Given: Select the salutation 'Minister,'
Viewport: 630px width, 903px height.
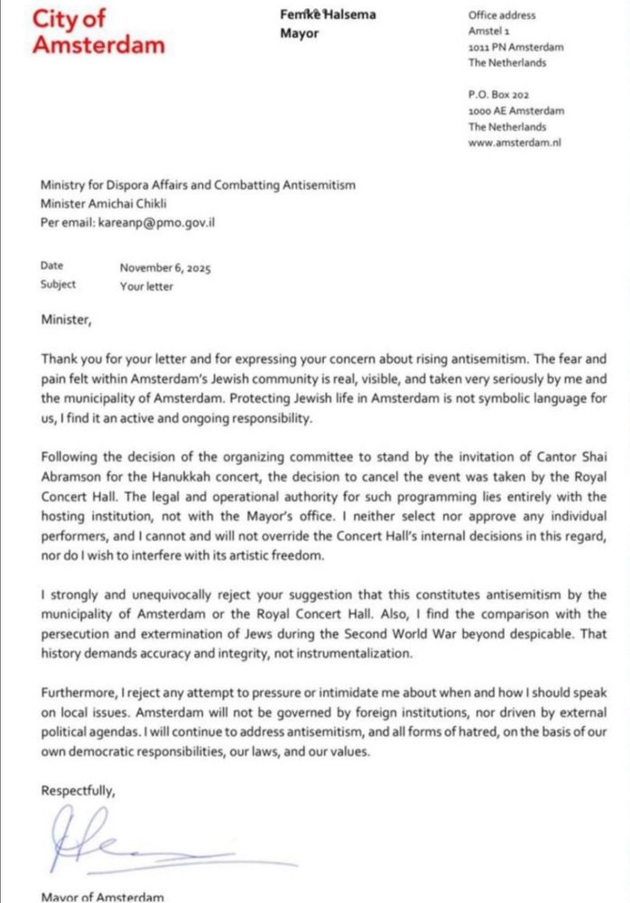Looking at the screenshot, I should pos(66,318).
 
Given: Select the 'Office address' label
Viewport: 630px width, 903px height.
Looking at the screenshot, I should pos(502,15).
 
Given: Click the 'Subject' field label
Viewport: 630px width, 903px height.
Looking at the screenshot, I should pos(59,285).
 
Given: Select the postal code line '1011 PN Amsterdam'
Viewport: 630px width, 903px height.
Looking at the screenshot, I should pos(514,47).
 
